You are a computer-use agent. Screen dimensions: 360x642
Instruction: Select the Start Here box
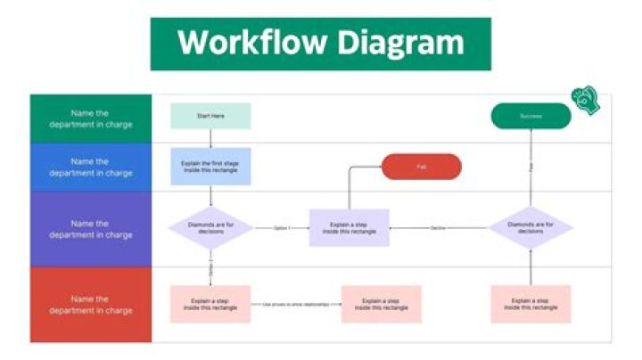tap(210, 116)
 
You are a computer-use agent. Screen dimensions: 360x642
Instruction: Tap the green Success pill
tap(531, 116)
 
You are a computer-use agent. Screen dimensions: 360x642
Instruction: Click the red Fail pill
tap(422, 167)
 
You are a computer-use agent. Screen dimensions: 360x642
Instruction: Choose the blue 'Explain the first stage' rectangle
tap(210, 167)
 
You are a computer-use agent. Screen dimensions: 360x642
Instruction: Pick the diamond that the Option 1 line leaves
tap(210, 228)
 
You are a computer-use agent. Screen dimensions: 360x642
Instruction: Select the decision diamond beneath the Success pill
tap(531, 228)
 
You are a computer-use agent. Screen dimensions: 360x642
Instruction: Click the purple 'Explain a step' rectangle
tap(349, 228)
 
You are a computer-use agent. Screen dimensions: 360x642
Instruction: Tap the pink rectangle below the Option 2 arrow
tap(210, 304)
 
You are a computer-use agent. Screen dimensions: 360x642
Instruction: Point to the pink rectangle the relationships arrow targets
tap(381, 304)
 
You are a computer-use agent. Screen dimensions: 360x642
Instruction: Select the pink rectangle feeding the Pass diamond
tap(531, 304)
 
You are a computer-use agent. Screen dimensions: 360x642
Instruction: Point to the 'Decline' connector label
tap(438, 229)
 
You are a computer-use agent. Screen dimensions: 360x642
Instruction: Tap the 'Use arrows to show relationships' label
tap(295, 305)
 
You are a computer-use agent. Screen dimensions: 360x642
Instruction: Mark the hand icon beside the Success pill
tap(587, 100)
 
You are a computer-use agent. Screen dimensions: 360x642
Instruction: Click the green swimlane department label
tap(91, 119)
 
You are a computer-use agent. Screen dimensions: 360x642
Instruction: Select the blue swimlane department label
tap(91, 167)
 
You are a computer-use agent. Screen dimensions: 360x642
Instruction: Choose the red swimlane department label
tap(91, 305)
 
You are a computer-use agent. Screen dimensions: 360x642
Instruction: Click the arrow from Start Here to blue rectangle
tap(210, 139)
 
